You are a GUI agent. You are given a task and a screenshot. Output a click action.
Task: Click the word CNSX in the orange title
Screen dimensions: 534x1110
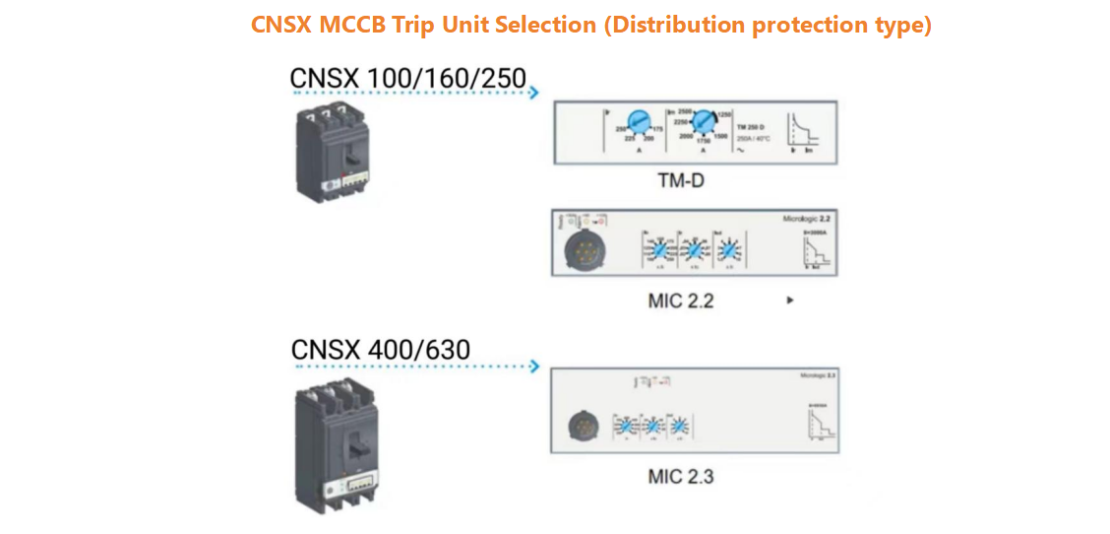[x=280, y=26]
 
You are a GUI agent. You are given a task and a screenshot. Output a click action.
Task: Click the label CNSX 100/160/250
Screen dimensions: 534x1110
[x=408, y=78]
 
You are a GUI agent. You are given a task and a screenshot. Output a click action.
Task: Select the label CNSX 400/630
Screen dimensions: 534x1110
[x=381, y=350]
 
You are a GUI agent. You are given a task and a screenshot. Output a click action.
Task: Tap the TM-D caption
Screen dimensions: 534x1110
[x=681, y=181]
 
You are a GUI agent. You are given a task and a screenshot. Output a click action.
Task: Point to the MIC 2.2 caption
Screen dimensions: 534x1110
[x=680, y=300]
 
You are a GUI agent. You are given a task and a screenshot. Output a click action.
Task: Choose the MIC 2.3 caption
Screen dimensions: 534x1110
[x=680, y=477]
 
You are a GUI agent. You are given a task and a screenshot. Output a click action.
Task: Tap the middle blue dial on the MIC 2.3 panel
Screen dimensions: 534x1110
[x=651, y=427]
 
